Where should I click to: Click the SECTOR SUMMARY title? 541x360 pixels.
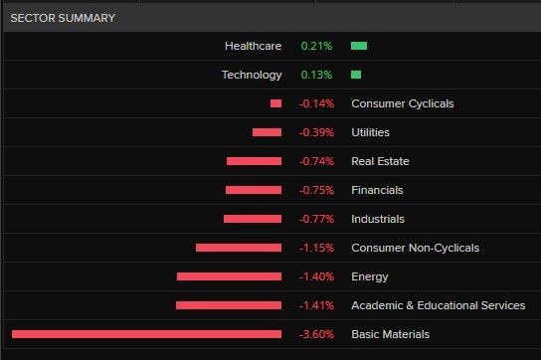[63, 18]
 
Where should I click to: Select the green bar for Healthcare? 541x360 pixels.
[359, 46]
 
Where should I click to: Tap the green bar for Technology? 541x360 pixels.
[356, 75]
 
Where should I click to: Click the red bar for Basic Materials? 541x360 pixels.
[146, 334]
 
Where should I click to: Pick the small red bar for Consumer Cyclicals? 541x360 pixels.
[275, 103]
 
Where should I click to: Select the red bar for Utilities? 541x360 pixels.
[267, 132]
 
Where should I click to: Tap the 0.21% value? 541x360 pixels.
[317, 46]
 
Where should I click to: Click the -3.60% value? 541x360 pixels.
[316, 334]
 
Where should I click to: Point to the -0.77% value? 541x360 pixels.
[316, 219]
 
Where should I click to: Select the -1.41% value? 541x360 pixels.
[316, 305]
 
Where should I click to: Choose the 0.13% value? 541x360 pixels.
[317, 75]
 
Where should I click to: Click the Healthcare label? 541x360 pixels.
[254, 46]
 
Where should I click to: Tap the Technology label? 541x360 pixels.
[253, 75]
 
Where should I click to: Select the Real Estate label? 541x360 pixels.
[380, 161]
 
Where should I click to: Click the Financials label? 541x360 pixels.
[377, 190]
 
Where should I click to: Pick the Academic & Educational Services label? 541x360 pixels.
[438, 305]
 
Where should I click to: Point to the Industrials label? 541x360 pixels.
[378, 219]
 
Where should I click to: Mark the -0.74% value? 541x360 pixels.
[316, 161]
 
